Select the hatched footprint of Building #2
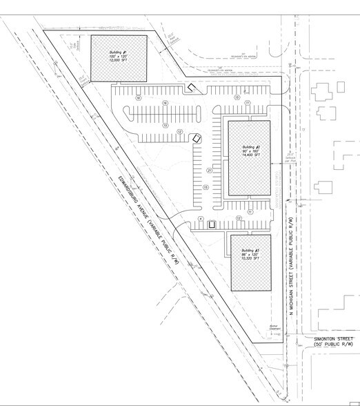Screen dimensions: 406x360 pyautogui.click(x=250, y=173)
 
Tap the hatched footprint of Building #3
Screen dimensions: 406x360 pyautogui.click(x=250, y=276)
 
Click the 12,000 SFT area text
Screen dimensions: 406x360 pyautogui.click(x=117, y=61)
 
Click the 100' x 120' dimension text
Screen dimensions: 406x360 pyautogui.click(x=117, y=57)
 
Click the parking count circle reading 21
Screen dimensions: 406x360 pyautogui.click(x=208, y=169)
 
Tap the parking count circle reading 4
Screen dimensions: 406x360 pyautogui.click(x=201, y=218)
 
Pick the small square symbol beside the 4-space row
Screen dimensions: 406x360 pyautogui.click(x=212, y=222)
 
